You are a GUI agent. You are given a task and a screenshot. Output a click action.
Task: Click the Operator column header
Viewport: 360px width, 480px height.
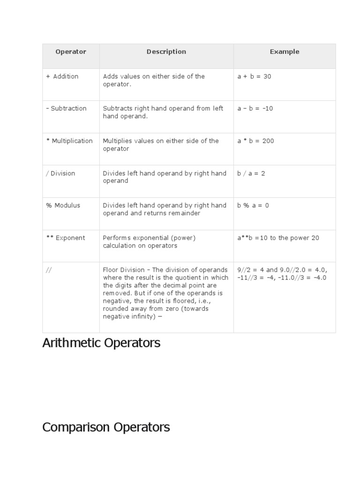(x=71, y=52)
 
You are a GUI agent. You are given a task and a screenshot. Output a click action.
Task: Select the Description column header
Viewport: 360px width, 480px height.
(x=166, y=52)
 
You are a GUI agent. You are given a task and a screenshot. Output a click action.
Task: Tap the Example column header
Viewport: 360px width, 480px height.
(x=284, y=52)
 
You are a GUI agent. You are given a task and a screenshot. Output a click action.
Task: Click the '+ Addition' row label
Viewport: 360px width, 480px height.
(x=62, y=76)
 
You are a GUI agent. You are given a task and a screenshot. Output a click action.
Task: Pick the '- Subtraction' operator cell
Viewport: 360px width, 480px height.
(x=66, y=108)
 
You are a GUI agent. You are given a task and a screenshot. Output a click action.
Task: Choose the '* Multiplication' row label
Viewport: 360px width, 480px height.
(x=69, y=141)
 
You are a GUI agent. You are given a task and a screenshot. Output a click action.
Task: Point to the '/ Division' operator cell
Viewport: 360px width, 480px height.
(x=60, y=173)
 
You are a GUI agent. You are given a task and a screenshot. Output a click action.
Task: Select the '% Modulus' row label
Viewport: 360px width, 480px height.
(x=63, y=205)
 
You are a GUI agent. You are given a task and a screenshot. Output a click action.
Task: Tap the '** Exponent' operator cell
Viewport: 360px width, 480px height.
(x=66, y=238)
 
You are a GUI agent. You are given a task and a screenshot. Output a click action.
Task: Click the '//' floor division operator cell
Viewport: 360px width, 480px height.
(x=49, y=270)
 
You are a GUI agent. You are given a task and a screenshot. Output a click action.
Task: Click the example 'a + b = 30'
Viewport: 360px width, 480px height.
(x=254, y=76)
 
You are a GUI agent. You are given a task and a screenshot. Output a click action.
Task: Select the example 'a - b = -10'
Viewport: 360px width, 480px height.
(x=255, y=108)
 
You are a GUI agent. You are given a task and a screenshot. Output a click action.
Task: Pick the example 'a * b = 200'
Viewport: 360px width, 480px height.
(x=255, y=141)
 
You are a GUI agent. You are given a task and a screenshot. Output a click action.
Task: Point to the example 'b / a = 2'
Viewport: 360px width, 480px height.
(x=251, y=173)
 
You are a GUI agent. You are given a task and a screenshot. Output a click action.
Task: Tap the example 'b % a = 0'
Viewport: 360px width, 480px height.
(x=253, y=205)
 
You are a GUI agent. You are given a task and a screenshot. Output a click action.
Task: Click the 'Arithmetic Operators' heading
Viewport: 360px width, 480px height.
(x=101, y=343)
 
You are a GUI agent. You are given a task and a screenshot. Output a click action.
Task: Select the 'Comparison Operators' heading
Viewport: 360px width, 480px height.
(x=106, y=427)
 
